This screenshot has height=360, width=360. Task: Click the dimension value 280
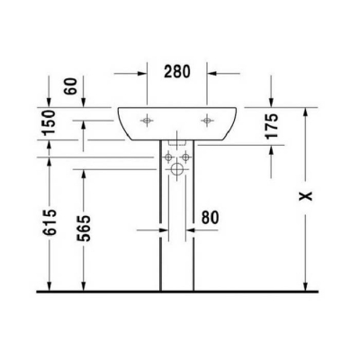coord(176,71)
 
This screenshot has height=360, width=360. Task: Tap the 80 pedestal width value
coord(210,217)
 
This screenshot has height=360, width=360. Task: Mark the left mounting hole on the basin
coord(147,119)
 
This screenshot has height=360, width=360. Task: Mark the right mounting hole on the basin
coord(208,119)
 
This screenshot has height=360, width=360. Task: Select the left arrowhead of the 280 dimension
coord(142,71)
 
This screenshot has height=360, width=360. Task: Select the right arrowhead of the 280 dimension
coord(211,71)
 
